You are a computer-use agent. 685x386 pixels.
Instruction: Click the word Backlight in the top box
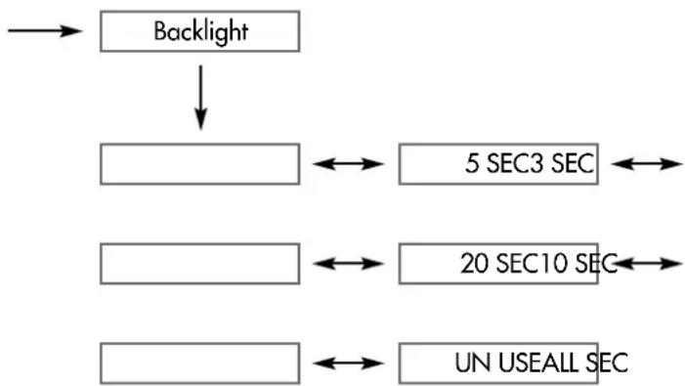point(201,32)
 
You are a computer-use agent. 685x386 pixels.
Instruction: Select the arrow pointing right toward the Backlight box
point(45,31)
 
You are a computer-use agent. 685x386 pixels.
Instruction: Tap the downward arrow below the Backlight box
point(200,98)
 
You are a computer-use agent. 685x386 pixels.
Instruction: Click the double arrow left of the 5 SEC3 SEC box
point(349,164)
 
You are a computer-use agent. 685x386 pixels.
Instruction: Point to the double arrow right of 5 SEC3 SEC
point(647,164)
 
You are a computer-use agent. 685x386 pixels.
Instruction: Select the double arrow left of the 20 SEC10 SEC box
point(349,264)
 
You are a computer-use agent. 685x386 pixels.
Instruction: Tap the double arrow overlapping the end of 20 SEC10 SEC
point(648,264)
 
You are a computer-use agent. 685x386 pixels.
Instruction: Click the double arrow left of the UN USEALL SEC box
point(349,364)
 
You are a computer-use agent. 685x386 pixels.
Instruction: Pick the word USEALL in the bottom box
point(538,363)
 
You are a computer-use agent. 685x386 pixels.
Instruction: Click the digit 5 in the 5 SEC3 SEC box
point(472,164)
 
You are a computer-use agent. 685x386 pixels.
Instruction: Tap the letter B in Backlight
point(161,31)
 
